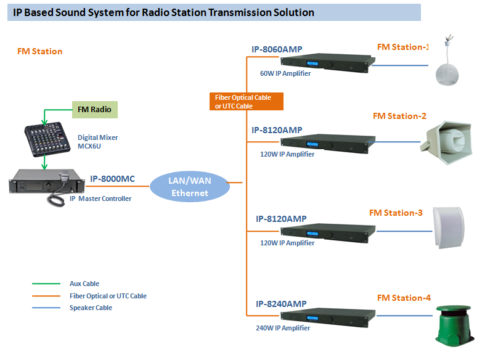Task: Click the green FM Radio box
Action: click(94, 110)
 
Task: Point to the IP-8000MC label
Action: click(112, 179)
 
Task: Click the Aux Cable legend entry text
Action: click(84, 284)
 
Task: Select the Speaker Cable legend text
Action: click(91, 308)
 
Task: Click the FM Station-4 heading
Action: click(404, 298)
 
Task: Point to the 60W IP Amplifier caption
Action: click(285, 73)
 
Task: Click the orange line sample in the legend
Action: click(43, 296)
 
